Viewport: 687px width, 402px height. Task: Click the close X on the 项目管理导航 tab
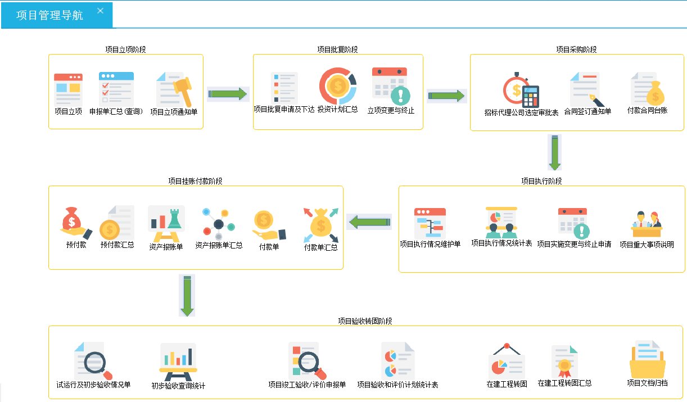click(x=100, y=11)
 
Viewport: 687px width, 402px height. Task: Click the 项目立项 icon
click(x=68, y=88)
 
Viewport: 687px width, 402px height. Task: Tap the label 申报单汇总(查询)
click(x=116, y=111)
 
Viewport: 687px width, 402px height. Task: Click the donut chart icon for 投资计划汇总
click(x=337, y=85)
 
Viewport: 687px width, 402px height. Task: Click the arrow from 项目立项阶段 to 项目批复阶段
click(x=228, y=94)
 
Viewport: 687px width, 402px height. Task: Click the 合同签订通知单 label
click(x=587, y=111)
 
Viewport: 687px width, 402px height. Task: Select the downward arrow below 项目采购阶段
click(x=555, y=152)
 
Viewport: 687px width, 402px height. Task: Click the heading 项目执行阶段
click(x=541, y=181)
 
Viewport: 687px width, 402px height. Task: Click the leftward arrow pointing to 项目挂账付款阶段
click(x=369, y=222)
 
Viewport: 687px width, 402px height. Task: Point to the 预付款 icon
click(x=76, y=222)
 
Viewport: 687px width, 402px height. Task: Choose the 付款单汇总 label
click(x=321, y=247)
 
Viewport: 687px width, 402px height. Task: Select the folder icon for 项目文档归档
click(x=647, y=360)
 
